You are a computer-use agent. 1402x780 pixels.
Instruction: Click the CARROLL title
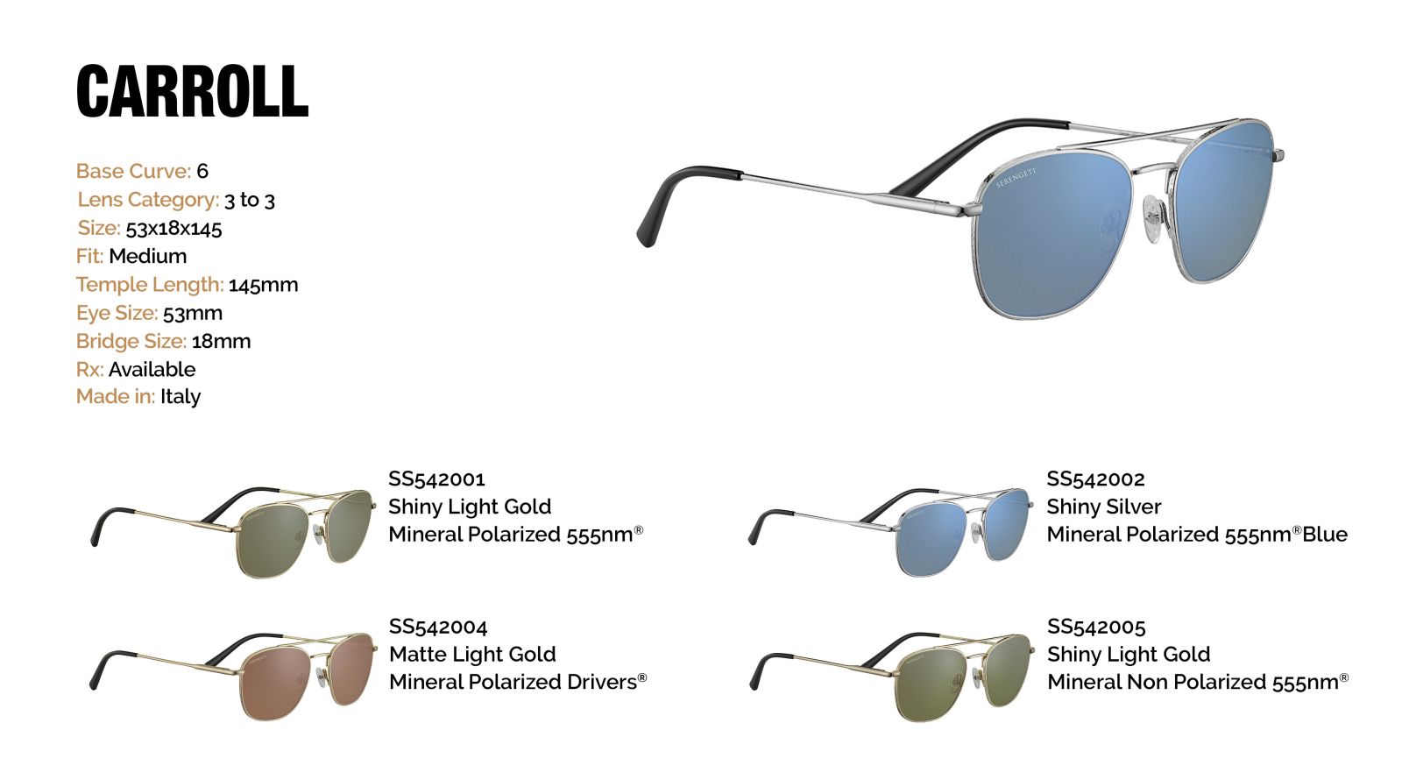pyautogui.click(x=193, y=91)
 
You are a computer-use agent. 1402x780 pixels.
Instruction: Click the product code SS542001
pyautogui.click(x=437, y=479)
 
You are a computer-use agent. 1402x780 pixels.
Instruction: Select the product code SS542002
pyautogui.click(x=1096, y=479)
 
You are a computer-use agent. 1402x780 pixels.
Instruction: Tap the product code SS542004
pyautogui.click(x=438, y=627)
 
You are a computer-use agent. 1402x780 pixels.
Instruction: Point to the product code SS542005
pyautogui.click(x=1096, y=627)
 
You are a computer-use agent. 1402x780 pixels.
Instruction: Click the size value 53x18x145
pyautogui.click(x=174, y=229)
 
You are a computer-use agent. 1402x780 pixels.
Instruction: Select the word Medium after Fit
pyautogui.click(x=148, y=256)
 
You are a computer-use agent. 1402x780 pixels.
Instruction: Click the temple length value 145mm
pyautogui.click(x=264, y=285)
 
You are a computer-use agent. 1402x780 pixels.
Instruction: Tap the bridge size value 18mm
pyautogui.click(x=222, y=341)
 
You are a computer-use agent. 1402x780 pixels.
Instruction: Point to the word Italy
pyautogui.click(x=181, y=396)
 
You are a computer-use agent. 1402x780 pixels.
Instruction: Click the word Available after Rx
pyautogui.click(x=152, y=369)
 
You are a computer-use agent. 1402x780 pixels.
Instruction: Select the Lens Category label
pyautogui.click(x=148, y=200)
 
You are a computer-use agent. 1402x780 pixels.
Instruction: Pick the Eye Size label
pyautogui.click(x=117, y=313)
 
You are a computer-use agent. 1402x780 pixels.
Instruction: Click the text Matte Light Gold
pyautogui.click(x=472, y=654)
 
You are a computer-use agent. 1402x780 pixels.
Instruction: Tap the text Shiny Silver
pyautogui.click(x=1104, y=507)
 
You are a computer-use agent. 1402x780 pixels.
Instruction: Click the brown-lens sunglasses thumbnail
pyautogui.click(x=233, y=677)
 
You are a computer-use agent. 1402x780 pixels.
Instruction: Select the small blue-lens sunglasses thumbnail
pyautogui.click(x=890, y=531)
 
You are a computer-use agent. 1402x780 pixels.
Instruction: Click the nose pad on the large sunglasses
pyautogui.click(x=1153, y=219)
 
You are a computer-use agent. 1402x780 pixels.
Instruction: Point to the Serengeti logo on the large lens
pyautogui.click(x=1016, y=177)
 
